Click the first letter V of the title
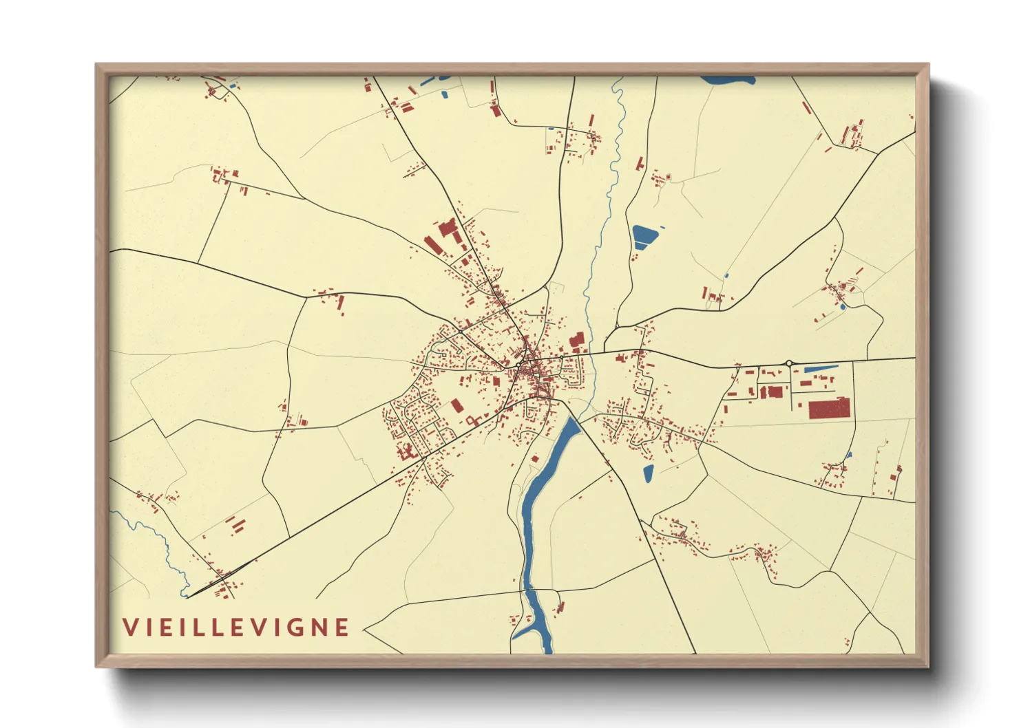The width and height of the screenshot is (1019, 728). click(x=129, y=628)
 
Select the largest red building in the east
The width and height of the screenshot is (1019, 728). click(x=829, y=408)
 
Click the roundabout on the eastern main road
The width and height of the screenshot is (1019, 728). click(x=789, y=363)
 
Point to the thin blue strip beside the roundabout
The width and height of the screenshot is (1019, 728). click(x=819, y=370)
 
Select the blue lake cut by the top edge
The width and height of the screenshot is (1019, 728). click(x=728, y=81)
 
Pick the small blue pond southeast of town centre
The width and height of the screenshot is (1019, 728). click(x=648, y=473)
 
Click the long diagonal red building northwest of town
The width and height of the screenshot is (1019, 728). click(x=432, y=245)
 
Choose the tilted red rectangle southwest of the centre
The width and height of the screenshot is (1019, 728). click(x=456, y=405)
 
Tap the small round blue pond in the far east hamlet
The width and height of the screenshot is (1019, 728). click(x=842, y=306)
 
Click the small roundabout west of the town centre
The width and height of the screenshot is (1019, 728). click(x=460, y=332)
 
